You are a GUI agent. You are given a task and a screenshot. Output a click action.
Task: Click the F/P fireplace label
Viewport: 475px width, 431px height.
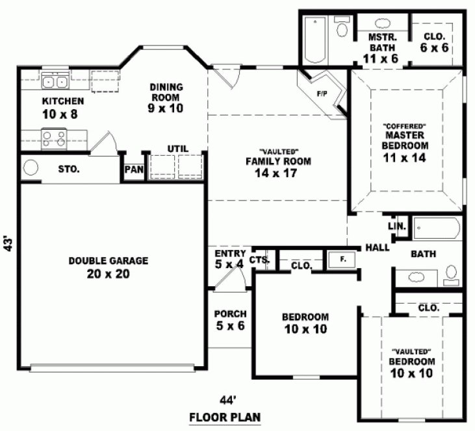pos(321,93)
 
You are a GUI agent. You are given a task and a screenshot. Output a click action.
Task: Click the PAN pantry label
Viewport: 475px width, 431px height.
pos(134,169)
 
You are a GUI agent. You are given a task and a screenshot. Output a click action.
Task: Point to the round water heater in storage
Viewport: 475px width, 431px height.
pos(31,168)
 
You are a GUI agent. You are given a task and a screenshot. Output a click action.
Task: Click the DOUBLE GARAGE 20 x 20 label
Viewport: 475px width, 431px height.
pos(109,267)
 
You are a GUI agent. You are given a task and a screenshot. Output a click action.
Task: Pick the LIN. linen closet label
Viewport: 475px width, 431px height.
pos(397,227)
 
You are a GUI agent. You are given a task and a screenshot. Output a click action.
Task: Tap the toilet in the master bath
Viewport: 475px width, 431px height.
pos(341,27)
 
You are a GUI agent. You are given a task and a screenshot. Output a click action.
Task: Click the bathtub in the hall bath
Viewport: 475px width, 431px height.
pos(437,229)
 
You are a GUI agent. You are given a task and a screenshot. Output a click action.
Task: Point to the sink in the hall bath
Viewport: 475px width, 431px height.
pos(417,278)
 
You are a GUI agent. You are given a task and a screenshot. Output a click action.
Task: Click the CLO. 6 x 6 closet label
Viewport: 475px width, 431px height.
pos(434,43)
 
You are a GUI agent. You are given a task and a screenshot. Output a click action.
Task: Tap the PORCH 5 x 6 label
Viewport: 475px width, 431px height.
pos(230,320)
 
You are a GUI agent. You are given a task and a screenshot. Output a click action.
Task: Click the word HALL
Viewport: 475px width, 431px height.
pos(377,247)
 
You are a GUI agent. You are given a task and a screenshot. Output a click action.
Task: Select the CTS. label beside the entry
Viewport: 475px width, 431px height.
pos(259,259)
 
